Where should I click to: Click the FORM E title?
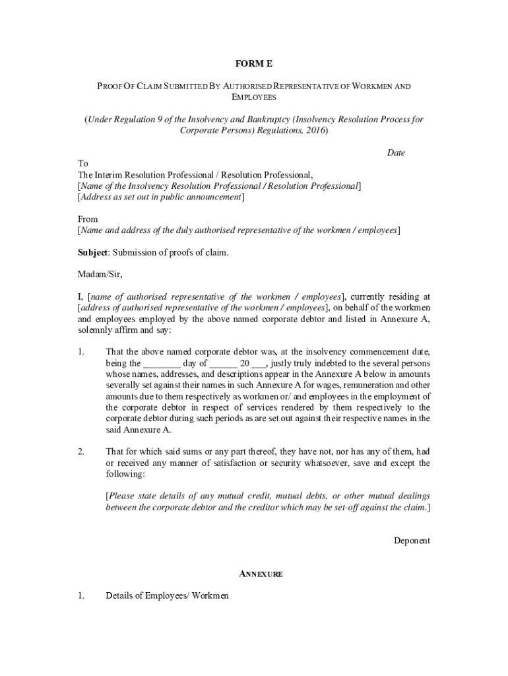[254, 64]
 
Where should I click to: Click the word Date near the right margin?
[396, 152]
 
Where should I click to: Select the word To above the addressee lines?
[82, 163]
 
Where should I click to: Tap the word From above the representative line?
[88, 219]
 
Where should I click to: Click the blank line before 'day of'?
[162, 363]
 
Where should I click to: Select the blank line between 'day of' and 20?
[224, 363]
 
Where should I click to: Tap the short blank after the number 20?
[259, 363]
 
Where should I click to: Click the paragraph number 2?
[80, 452]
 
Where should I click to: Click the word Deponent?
[412, 541]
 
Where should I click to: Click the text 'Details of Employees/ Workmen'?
[167, 596]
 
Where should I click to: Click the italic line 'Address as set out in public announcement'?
[161, 197]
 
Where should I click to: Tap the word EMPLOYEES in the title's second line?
[254, 97]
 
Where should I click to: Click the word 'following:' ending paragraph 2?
[125, 474]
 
